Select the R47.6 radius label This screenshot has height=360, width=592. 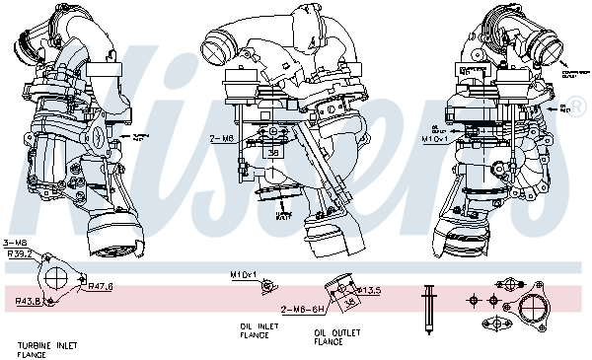coord(100,286)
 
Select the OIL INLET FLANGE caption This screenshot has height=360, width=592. coord(254,330)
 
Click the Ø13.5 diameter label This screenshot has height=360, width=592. coord(368,291)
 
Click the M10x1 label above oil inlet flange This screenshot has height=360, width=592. coord(243,273)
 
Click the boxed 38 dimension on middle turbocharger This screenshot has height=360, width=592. coord(272,153)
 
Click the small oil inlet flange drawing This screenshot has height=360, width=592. coord(263,286)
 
